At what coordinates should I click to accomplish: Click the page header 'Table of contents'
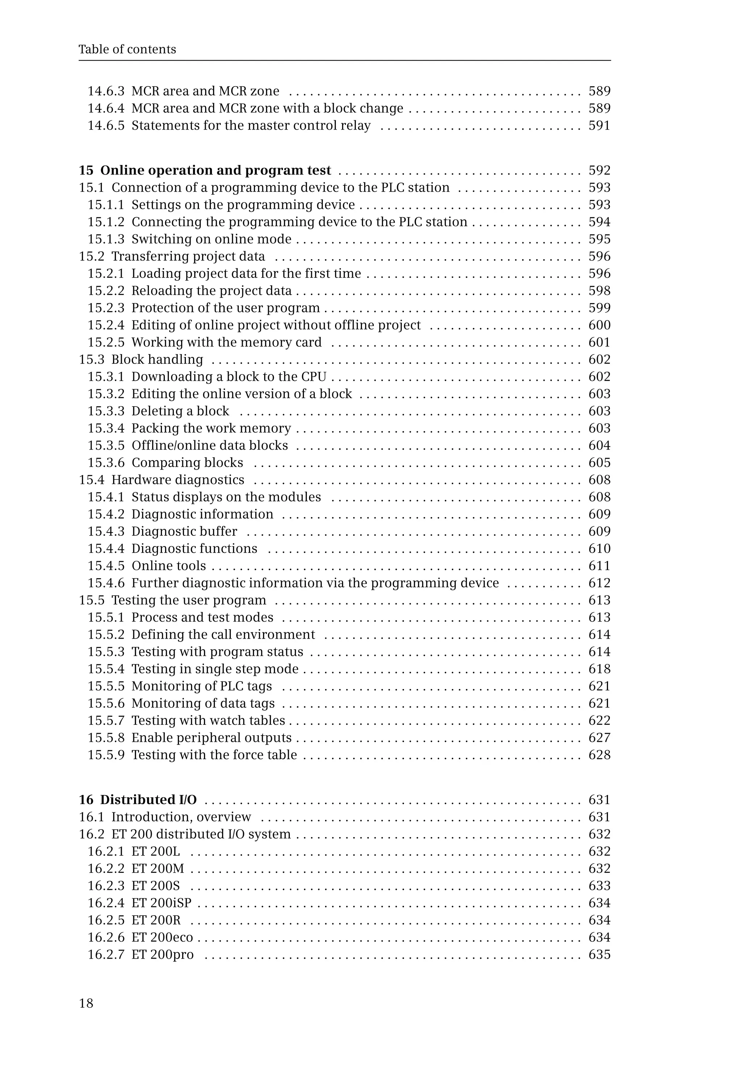tap(127, 49)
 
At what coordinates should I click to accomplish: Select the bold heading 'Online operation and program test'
tap(215, 171)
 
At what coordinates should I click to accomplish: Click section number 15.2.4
tap(106, 325)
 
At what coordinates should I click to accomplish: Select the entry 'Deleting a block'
tap(180, 411)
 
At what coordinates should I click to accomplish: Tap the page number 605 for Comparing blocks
tap(599, 463)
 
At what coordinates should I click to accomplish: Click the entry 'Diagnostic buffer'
tap(184, 531)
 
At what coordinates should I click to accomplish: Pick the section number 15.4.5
tap(106, 566)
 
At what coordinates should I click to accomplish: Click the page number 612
tap(599, 583)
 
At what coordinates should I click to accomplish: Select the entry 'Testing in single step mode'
tap(215, 669)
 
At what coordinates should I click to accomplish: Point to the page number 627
tap(599, 738)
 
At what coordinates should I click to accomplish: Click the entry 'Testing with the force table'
tap(214, 755)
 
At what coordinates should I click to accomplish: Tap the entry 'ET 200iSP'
tap(161, 903)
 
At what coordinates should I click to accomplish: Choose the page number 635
tap(599, 954)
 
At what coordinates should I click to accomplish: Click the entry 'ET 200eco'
tap(162, 937)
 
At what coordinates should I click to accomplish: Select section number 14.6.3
tap(106, 91)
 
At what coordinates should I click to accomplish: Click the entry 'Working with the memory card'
tap(226, 342)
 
